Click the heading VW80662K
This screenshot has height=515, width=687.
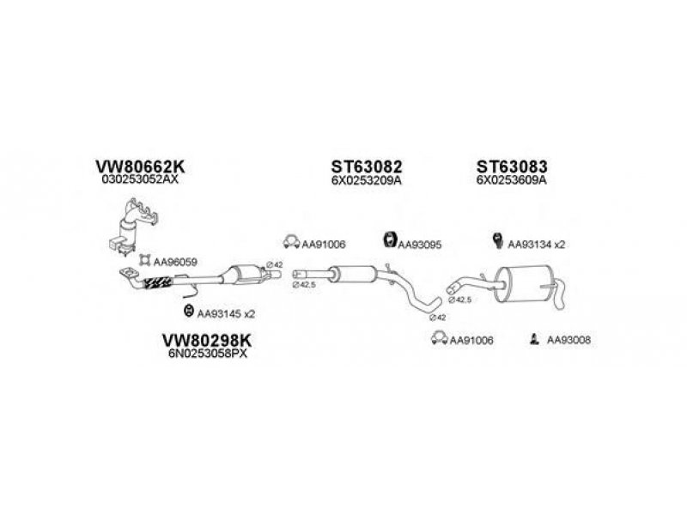139,167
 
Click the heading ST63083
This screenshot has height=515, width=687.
513,167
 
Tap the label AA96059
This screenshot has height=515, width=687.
176,260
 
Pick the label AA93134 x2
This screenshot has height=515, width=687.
537,245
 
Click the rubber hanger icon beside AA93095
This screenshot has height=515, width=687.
387,241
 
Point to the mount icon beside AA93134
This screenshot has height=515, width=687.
497,242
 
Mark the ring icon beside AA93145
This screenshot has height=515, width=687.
188,312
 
